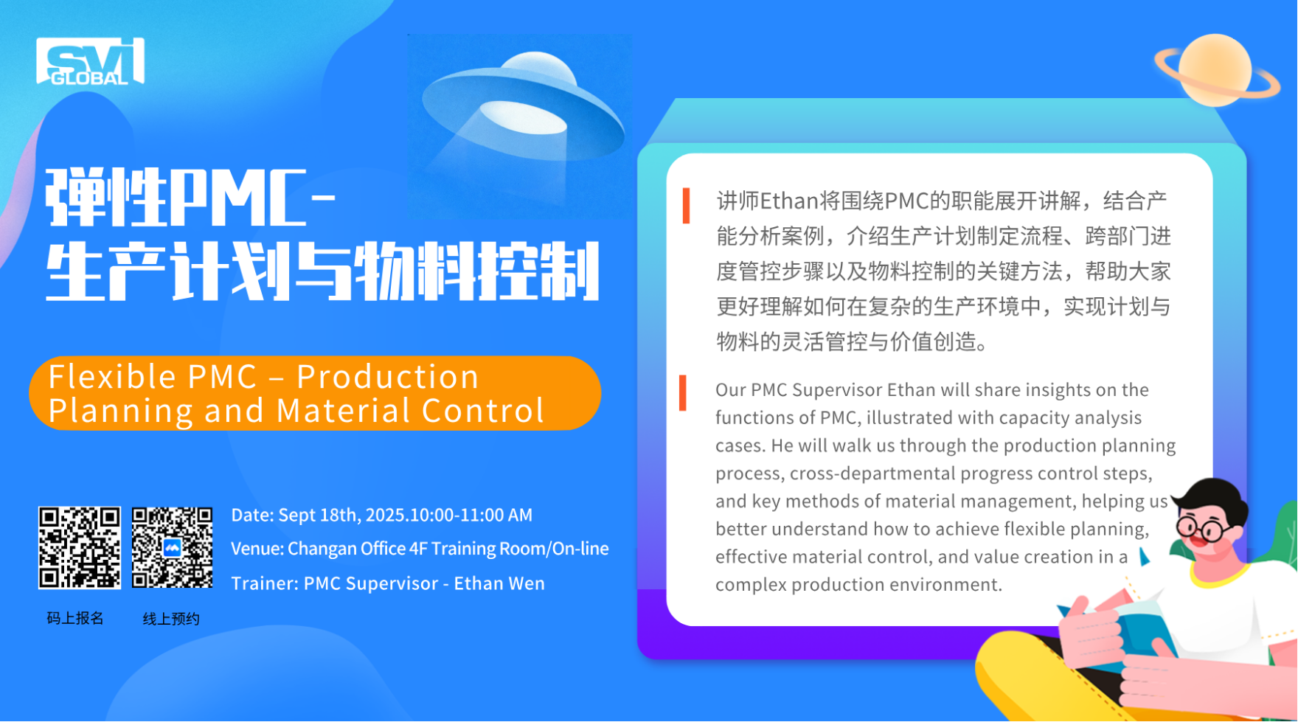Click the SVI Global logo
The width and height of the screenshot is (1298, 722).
tap(90, 61)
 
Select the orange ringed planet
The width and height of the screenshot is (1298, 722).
tap(1218, 71)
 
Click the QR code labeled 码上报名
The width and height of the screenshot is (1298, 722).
tap(80, 548)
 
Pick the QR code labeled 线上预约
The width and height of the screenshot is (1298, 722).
tap(173, 548)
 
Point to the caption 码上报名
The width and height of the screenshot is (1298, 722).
tap(75, 618)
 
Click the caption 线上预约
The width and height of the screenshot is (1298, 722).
tap(171, 619)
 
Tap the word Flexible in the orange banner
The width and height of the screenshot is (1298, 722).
tap(112, 377)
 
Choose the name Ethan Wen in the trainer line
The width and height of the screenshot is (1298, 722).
tap(499, 583)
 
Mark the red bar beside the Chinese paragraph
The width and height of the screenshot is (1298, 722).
tap(687, 206)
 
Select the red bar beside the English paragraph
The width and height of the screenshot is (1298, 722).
tap(683, 393)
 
